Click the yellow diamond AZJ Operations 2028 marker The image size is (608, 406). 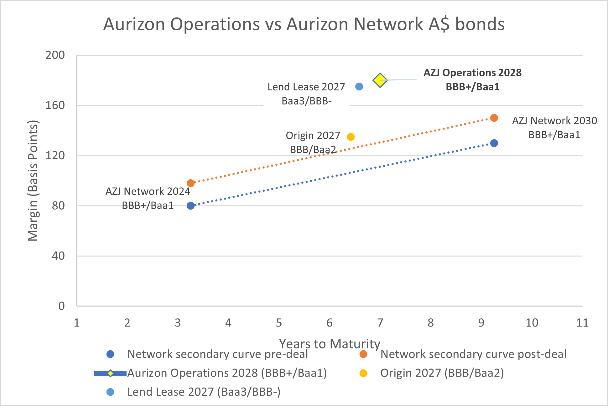[380, 80]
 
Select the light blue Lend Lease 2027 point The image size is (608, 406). [359, 86]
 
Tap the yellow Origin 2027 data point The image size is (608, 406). [351, 137]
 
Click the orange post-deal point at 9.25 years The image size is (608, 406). [494, 118]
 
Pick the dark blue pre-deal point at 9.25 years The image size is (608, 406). [494, 143]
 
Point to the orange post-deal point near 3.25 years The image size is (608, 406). [190, 183]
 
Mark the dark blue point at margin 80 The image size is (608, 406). [190, 206]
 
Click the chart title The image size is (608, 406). [304, 24]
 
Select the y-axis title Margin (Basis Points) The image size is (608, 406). [33, 180]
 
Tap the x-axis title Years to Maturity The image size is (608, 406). [330, 344]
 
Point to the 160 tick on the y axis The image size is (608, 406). [55, 105]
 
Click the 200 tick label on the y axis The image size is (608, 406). [55, 55]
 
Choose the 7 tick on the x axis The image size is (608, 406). [380, 323]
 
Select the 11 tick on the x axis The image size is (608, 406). [582, 323]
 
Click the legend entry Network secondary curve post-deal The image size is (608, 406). [473, 354]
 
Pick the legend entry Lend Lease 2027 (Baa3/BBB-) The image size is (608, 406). [204, 392]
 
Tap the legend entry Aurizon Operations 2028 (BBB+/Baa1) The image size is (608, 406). [227, 373]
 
